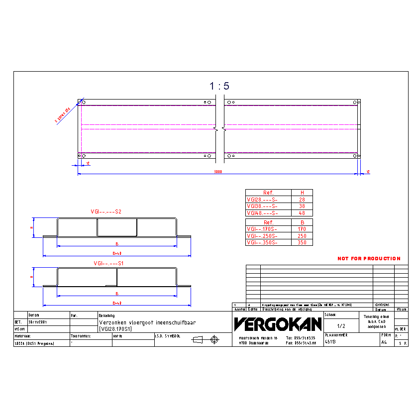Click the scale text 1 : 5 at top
[219, 86]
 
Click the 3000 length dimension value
[218, 171]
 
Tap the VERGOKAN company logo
[278, 324]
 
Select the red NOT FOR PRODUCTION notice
[369, 259]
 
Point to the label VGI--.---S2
[106, 212]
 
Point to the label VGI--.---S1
[109, 263]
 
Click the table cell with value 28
[302, 200]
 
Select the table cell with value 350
[302, 243]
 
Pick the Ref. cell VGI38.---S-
[262, 206]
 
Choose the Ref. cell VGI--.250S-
[262, 236]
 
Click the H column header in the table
[302, 193]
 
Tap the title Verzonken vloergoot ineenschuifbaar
[147, 322]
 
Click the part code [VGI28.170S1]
[115, 329]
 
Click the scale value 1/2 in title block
[341, 326]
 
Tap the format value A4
[384, 342]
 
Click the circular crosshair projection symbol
[214, 340]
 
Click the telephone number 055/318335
[301, 337]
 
